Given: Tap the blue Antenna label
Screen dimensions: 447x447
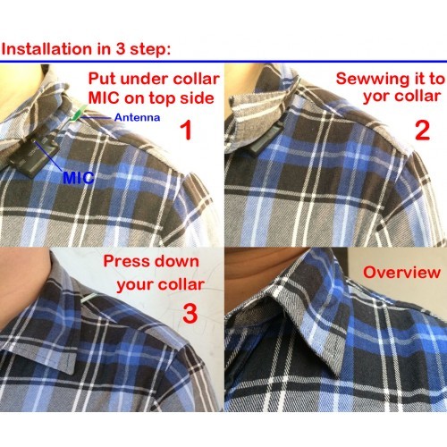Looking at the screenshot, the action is [137, 117].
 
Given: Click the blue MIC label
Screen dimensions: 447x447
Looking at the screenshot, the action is [79, 178].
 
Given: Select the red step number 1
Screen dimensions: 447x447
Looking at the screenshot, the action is [186, 131].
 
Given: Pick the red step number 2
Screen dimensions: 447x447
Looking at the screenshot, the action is [423, 131].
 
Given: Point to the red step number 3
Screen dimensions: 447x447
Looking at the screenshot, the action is [190, 314].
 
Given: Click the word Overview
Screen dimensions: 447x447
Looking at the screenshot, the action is [401, 273].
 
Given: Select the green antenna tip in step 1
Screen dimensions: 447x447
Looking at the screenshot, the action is [78, 114].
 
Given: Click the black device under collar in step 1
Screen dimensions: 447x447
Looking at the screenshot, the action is [33, 156].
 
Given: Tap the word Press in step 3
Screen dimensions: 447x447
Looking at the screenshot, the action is [126, 261].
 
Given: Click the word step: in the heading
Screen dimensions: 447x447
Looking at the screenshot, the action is [150, 50].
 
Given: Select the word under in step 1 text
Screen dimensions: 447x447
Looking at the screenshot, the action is [145, 79].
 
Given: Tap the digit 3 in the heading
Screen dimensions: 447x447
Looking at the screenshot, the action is [121, 49].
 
